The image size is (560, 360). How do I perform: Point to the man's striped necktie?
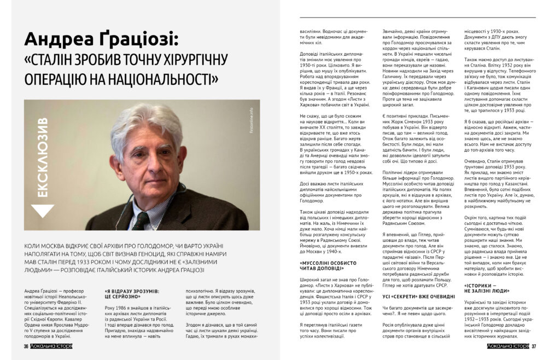click(x=143, y=219)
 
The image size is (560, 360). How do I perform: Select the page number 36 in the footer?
click(x=26, y=346)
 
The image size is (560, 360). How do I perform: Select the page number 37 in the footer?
click(x=534, y=346)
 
